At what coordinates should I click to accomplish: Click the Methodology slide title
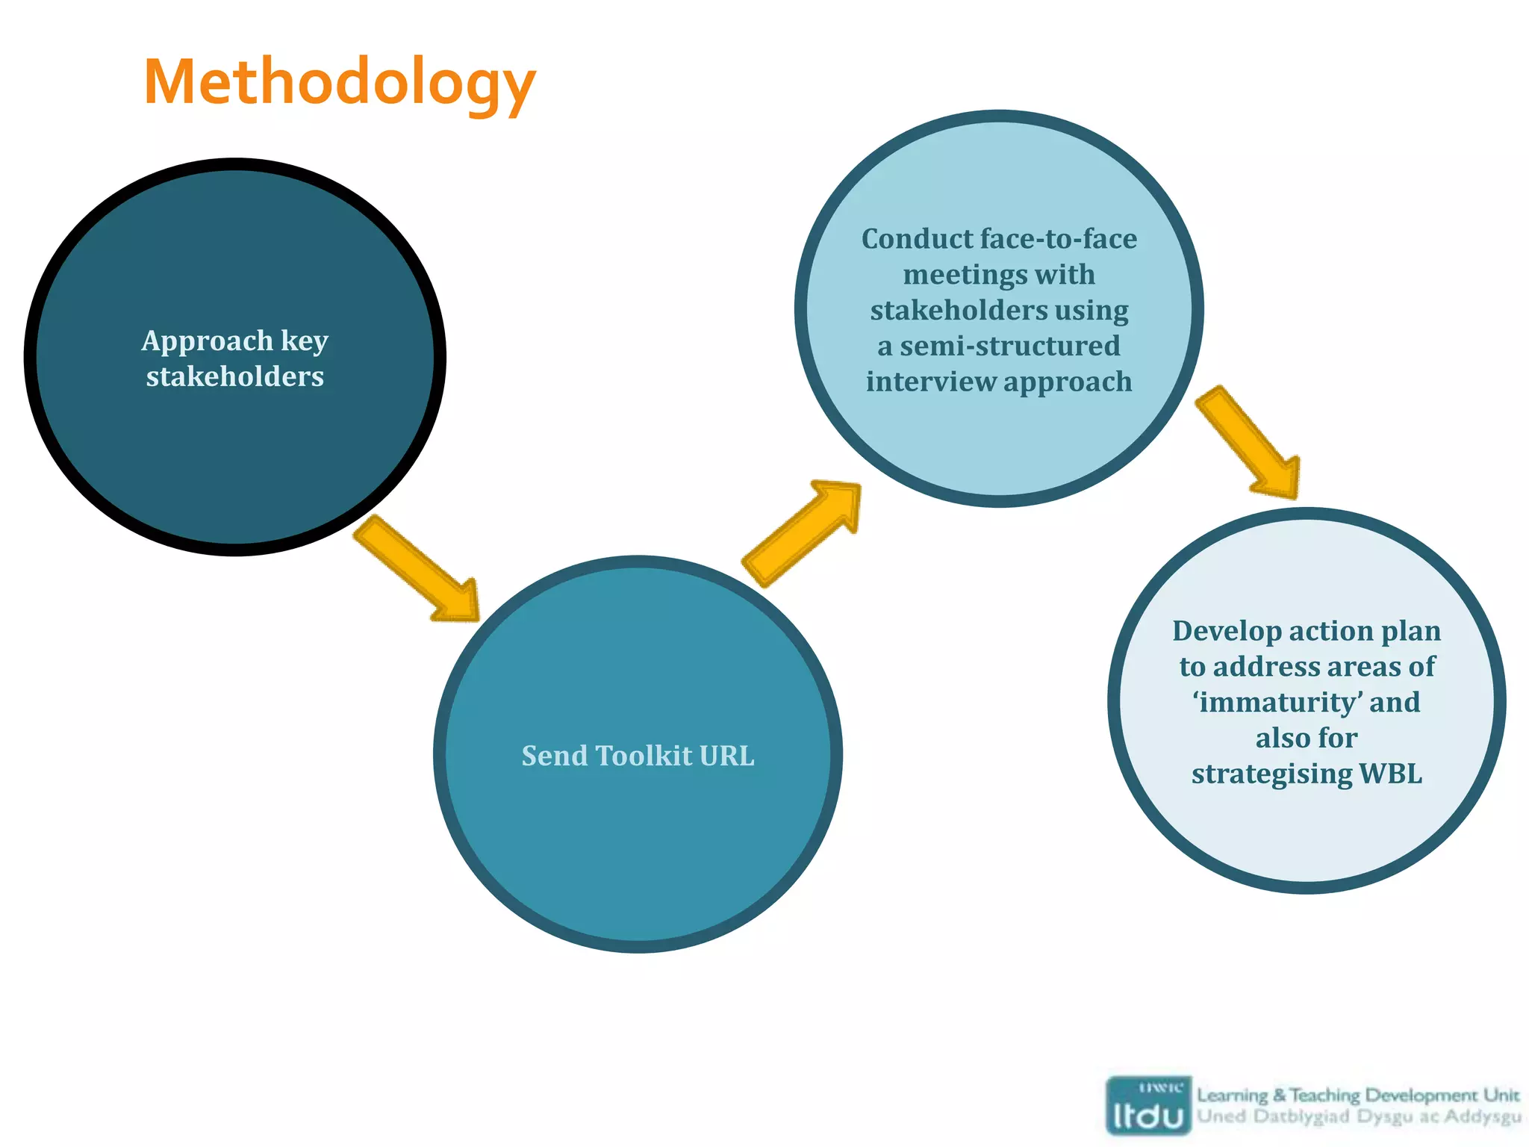(340, 82)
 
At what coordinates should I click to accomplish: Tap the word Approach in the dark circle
(207, 341)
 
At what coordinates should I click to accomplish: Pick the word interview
(930, 382)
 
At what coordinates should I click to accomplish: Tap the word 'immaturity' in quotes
(1277, 703)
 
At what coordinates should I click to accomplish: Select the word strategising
(1271, 774)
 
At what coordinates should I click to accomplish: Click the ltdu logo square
(1148, 1106)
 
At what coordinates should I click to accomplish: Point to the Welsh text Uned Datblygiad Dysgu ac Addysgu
(1358, 1117)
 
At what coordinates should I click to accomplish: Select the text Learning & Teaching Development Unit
(1358, 1095)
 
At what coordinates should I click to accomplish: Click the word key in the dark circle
(305, 341)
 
